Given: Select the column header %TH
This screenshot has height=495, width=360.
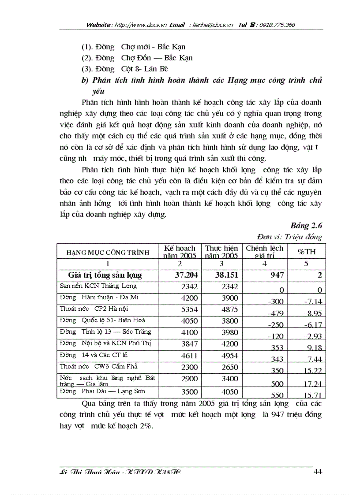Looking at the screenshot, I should [x=306, y=252].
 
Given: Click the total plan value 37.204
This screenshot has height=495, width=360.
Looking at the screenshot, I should [x=187, y=275].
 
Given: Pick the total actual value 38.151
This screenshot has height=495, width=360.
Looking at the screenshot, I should [x=226, y=275].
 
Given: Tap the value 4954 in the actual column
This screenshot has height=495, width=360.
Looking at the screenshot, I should [x=229, y=355].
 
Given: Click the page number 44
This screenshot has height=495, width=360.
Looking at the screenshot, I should [x=318, y=472].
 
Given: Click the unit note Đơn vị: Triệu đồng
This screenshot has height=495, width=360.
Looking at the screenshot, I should [x=296, y=237].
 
